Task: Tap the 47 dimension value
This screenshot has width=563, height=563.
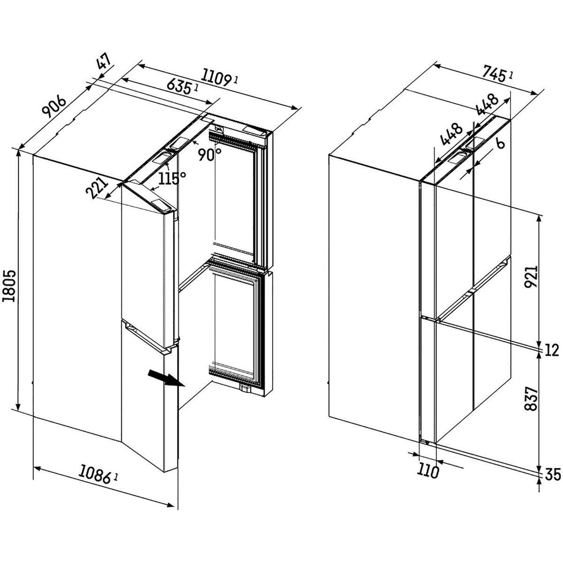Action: pyautogui.click(x=104, y=63)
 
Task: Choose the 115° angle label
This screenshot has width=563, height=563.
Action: pyautogui.click(x=172, y=178)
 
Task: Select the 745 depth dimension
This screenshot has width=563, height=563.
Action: pyautogui.click(x=493, y=73)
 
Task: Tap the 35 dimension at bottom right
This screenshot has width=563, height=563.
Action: pyautogui.click(x=553, y=475)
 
